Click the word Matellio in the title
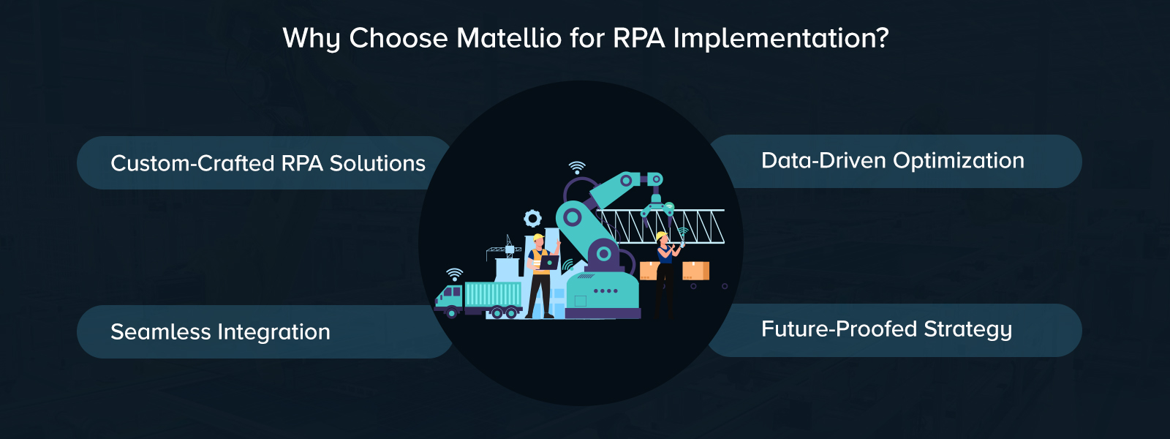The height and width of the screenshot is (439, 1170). click(509, 38)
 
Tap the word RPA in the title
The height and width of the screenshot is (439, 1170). click(638, 38)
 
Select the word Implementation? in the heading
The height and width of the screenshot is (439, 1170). click(781, 38)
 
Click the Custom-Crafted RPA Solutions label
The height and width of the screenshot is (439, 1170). click(268, 163)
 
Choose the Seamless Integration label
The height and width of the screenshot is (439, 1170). click(220, 332)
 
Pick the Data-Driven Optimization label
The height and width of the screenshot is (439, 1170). click(892, 161)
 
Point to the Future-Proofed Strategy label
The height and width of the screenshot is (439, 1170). click(886, 329)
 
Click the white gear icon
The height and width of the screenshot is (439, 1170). click(532, 218)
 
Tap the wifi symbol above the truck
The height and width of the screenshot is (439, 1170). click(455, 274)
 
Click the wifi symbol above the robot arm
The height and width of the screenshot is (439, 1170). click(577, 168)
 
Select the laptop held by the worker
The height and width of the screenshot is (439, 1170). click(548, 262)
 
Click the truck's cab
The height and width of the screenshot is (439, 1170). click(449, 297)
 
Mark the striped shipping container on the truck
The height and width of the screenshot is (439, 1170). click(493, 295)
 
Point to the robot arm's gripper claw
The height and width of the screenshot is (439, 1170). click(657, 207)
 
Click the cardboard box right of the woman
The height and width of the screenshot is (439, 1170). click(695, 271)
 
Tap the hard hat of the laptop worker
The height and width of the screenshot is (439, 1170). click(538, 238)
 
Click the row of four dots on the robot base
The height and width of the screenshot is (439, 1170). click(605, 291)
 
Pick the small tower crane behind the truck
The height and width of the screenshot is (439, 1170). click(504, 249)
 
